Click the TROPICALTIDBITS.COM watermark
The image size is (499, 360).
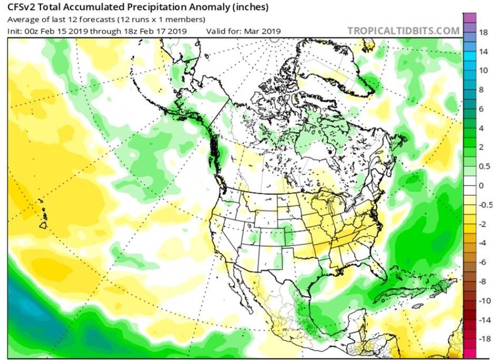(403, 31)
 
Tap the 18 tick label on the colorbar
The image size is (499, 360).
(482, 32)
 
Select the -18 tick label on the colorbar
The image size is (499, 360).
(481, 339)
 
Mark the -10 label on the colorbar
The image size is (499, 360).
(481, 301)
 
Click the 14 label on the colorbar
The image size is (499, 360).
(482, 52)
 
